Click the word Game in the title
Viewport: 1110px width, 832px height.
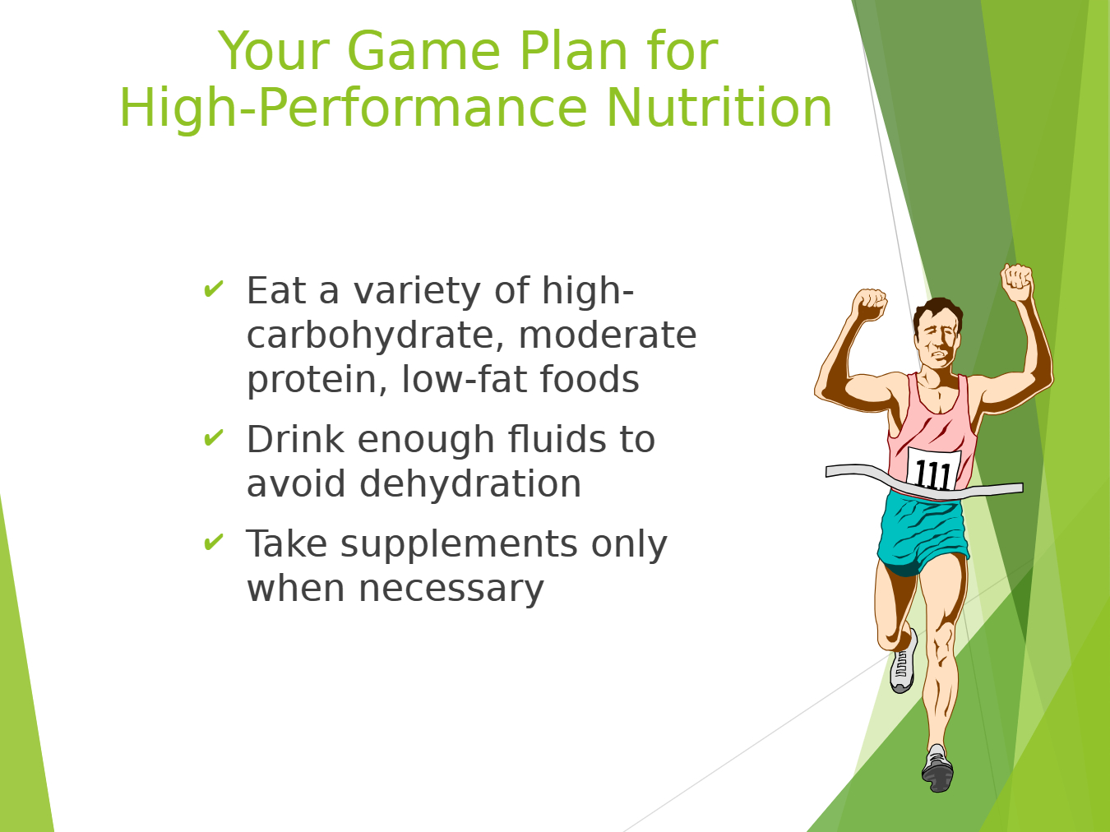423,51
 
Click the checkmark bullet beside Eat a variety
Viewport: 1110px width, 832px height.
213,289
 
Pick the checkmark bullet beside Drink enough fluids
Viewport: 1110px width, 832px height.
213,437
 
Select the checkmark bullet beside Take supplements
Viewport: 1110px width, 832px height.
213,541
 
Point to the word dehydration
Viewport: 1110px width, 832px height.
470,483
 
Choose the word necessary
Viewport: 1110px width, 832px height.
451,589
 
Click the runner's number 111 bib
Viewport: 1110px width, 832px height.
933,470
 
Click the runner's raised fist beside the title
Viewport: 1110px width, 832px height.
869,304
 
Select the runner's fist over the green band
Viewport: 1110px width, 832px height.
1017,283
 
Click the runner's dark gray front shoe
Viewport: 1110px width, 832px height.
937,769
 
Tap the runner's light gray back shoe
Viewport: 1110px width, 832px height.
904,662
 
